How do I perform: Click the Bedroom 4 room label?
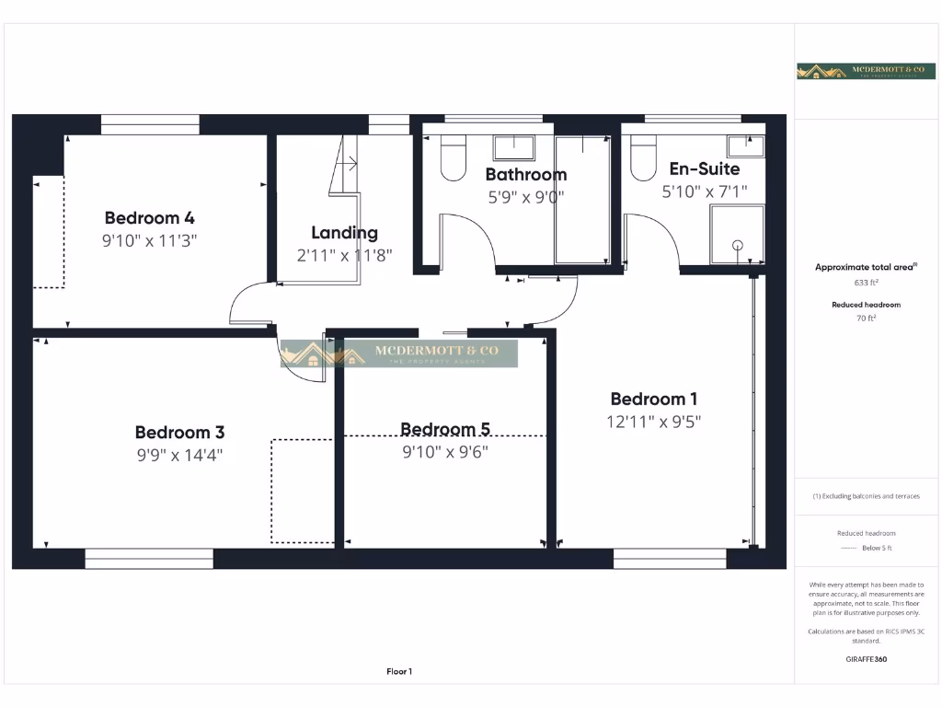click(149, 218)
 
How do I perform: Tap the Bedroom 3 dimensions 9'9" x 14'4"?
click(179, 454)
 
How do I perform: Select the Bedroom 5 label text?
click(445, 429)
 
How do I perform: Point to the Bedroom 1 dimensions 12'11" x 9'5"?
click(653, 422)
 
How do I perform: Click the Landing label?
click(344, 233)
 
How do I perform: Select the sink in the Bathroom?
click(514, 147)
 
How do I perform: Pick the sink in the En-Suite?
click(745, 145)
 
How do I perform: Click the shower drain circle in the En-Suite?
click(737, 245)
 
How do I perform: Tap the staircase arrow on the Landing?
click(348, 163)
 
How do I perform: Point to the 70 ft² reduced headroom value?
click(866, 319)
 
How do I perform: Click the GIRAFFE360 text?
click(866, 659)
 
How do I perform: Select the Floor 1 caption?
click(399, 672)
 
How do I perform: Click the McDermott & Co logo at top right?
click(866, 71)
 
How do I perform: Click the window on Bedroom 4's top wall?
click(150, 124)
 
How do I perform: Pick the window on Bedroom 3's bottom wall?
click(149, 559)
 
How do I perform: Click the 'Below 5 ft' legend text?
click(877, 548)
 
